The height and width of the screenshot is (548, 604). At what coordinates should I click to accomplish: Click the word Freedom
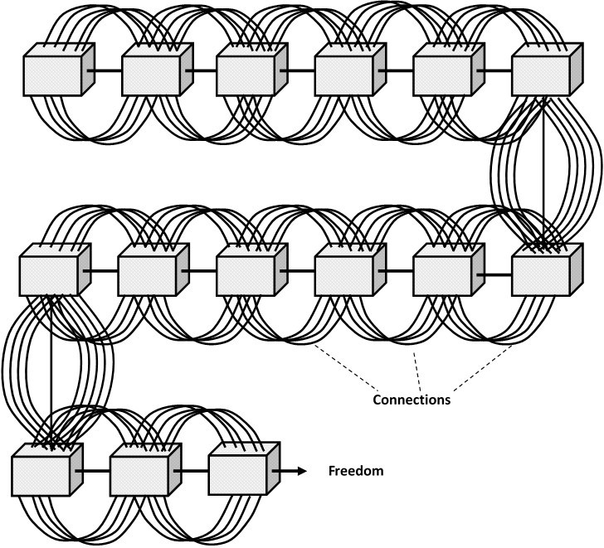click(x=356, y=472)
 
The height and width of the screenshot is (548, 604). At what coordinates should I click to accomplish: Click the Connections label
click(x=412, y=400)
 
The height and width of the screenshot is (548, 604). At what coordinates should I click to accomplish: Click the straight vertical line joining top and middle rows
click(x=543, y=166)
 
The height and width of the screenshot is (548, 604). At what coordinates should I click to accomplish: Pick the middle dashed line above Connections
click(x=418, y=369)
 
